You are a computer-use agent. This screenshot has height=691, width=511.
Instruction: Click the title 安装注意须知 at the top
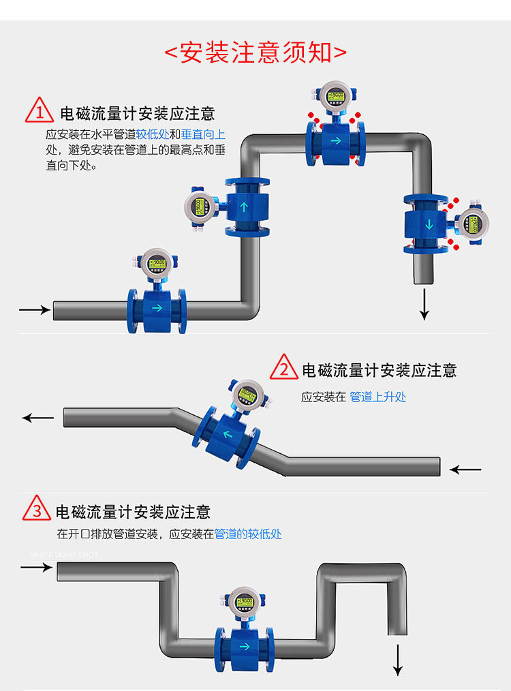(256, 53)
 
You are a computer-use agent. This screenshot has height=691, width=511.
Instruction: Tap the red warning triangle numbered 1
(40, 111)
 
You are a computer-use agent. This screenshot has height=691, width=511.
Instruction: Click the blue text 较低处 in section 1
(152, 135)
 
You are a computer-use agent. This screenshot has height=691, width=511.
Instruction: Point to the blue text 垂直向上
(203, 135)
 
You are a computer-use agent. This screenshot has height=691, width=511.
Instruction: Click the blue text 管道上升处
(377, 397)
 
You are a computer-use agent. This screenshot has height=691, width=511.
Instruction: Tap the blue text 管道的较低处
(247, 534)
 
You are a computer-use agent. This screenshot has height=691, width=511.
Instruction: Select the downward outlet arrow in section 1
(424, 304)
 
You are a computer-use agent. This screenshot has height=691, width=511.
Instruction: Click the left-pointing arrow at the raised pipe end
(38, 417)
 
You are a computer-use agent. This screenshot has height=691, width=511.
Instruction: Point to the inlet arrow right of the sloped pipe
(465, 470)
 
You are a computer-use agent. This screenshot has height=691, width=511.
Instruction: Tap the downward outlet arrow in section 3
(398, 659)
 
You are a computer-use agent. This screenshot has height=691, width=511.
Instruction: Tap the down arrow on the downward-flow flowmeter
(429, 225)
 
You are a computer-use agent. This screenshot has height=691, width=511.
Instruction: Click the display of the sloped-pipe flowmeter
(247, 393)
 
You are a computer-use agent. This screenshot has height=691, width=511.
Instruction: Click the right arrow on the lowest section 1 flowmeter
(157, 308)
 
